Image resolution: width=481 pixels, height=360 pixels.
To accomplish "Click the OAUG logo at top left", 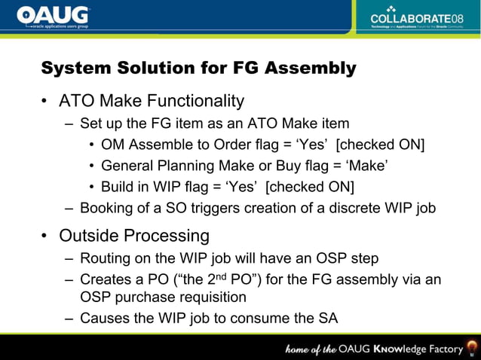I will (x=53, y=17).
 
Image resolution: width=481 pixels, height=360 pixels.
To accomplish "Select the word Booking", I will (x=106, y=208).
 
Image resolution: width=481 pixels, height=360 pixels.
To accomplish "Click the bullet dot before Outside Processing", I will (x=45, y=236).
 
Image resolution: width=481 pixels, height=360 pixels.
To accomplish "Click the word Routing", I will (x=106, y=258).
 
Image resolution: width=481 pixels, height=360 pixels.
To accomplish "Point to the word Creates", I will (x=106, y=280).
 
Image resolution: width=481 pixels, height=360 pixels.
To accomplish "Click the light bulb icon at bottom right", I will (x=472, y=347).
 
